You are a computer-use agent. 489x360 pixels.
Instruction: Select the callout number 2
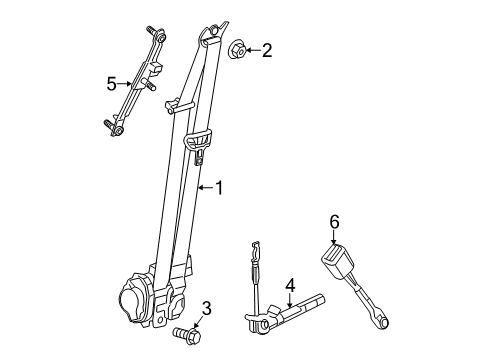266,49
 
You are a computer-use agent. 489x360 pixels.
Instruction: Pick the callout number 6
335,223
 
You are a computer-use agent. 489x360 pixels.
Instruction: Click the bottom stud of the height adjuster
111,126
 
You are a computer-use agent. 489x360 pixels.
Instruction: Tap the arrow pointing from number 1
204,186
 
